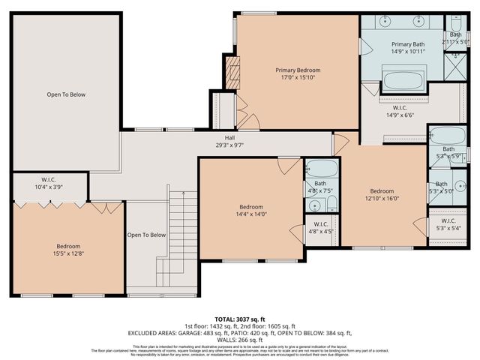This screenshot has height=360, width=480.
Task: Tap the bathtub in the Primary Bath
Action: pyautogui.click(x=402, y=80)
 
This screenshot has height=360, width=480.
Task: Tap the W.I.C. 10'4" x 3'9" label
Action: pyautogui.click(x=49, y=183)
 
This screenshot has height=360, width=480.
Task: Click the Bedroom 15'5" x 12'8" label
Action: pyautogui.click(x=67, y=250)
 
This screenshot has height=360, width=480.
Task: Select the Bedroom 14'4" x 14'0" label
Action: pyautogui.click(x=251, y=211)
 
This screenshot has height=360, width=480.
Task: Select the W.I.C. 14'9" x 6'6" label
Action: pyautogui.click(x=400, y=112)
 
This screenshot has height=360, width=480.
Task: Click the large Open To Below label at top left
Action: pyautogui.click(x=66, y=94)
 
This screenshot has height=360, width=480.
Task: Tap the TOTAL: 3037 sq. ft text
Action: pyautogui.click(x=240, y=319)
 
